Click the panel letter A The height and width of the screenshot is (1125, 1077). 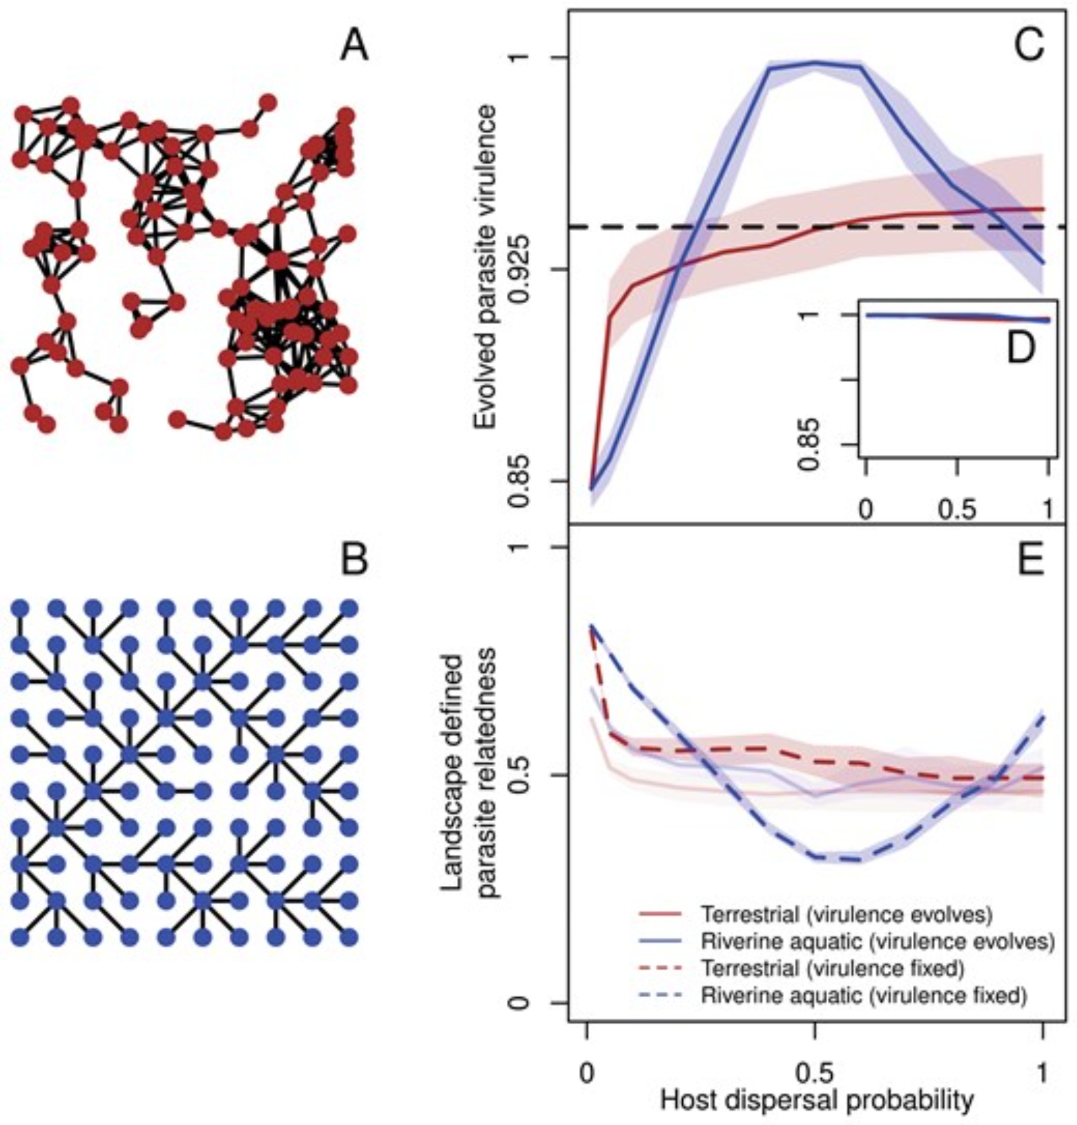tap(354, 46)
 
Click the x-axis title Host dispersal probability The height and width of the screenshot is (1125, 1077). tap(817, 1099)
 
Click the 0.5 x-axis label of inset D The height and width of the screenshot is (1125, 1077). tap(957, 510)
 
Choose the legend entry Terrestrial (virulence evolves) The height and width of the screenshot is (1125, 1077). tap(846, 913)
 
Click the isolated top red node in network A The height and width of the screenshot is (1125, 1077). tap(267, 103)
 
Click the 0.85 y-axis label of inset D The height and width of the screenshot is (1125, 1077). tap(809, 443)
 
